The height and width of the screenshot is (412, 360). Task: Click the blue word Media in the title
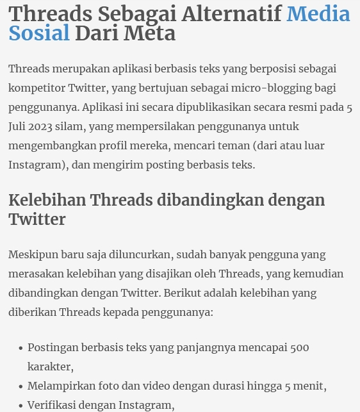318,13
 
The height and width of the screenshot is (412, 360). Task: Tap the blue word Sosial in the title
39,33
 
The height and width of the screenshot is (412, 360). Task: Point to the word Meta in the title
152,33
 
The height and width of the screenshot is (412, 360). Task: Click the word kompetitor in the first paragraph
36,88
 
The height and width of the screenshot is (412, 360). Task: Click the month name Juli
18,126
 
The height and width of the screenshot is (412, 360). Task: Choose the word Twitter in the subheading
37,219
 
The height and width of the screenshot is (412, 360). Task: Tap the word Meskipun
33,254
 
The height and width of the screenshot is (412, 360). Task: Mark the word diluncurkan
140,254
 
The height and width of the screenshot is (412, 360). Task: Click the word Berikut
183,293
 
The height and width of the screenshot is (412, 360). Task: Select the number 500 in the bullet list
299,347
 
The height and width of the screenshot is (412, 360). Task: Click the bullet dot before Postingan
20,348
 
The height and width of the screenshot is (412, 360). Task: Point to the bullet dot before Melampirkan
20,386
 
